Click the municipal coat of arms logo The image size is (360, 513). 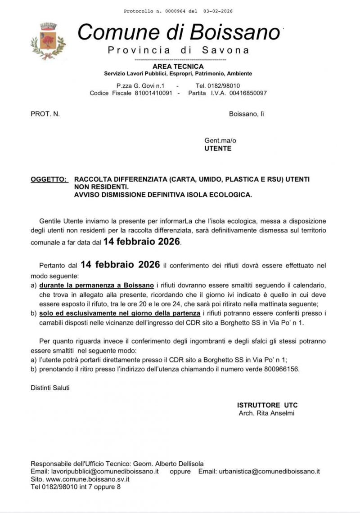click(x=48, y=41)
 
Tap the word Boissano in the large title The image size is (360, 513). click(x=234, y=32)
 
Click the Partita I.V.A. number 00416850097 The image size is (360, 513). click(x=247, y=93)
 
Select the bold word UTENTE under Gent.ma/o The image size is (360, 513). click(x=218, y=148)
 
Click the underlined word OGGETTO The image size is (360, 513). click(x=49, y=179)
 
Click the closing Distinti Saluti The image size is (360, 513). click(x=50, y=388)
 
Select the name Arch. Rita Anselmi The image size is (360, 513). click(x=266, y=413)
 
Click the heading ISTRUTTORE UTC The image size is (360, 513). click(x=267, y=405)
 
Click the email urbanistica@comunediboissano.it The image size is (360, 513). click(x=269, y=471)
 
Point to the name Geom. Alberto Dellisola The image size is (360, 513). click(x=171, y=464)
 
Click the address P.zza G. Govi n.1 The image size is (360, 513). click(x=140, y=85)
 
